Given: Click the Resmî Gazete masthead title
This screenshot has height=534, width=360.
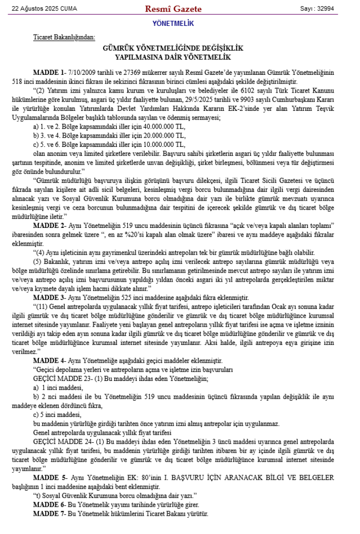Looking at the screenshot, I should point(173,9).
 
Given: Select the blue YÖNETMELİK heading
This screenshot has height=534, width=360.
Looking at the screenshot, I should point(173,23).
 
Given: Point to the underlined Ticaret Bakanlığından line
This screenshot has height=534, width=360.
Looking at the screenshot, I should point(64,37).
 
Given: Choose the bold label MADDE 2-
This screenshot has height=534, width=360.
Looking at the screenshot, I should point(49,225).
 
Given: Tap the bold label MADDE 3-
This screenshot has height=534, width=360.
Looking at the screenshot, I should point(49,297).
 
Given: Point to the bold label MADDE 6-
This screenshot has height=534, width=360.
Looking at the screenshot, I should point(49,505).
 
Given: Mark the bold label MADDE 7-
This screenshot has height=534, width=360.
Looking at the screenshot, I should point(49,514).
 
